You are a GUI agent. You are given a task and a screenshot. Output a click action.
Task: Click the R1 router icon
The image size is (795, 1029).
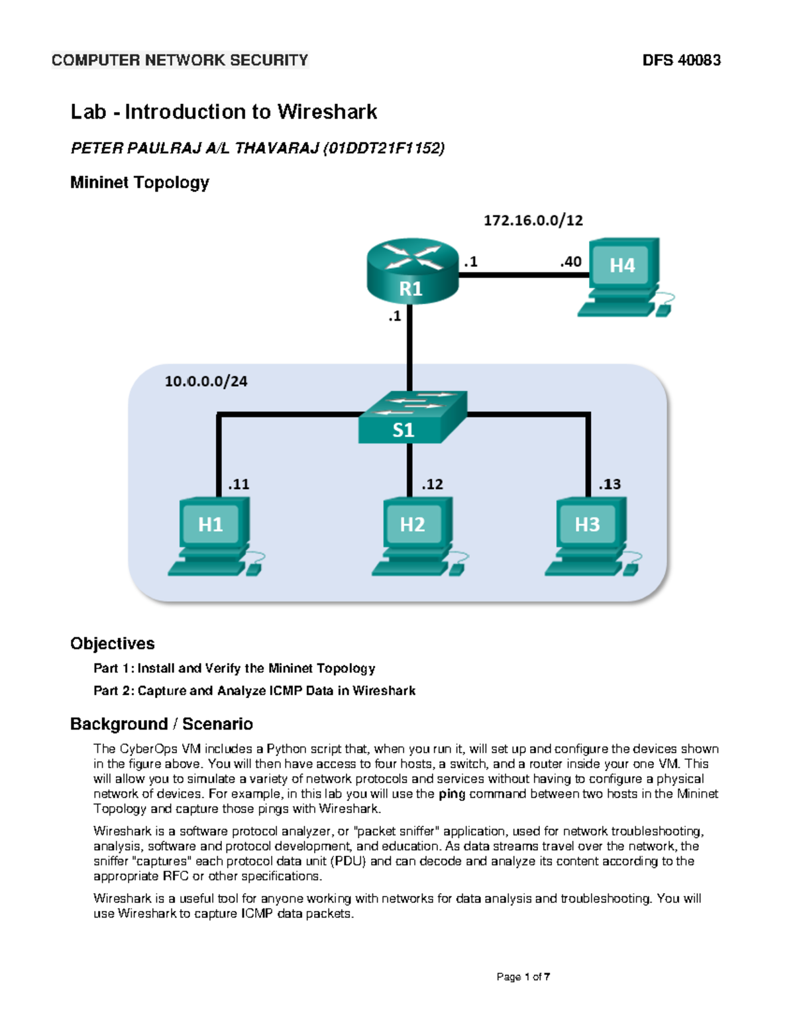point(412,272)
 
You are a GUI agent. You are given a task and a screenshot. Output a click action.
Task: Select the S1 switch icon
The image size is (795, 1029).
point(411,417)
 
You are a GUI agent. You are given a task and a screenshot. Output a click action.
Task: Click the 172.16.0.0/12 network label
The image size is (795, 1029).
point(533,221)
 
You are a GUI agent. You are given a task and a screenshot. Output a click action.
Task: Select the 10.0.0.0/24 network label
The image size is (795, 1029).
point(206,382)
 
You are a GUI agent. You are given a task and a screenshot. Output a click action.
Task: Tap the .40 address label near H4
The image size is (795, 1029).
point(570,262)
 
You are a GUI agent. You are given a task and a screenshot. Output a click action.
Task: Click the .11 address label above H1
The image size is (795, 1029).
point(238,484)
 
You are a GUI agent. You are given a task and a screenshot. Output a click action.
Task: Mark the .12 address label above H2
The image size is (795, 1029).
point(432,484)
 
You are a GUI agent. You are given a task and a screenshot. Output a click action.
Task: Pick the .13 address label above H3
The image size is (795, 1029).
point(609,484)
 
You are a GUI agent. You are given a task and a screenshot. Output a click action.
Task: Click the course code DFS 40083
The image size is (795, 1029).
point(681,60)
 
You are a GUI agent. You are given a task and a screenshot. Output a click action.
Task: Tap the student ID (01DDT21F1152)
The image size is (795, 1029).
point(384,148)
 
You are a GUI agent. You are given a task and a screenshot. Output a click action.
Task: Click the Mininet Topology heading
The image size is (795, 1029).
point(140,182)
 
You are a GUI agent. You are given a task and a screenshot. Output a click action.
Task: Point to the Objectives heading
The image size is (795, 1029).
point(113,643)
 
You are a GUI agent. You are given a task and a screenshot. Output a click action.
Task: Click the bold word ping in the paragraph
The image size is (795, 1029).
point(452,794)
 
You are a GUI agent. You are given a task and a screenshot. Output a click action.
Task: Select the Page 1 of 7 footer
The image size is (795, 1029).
point(523,977)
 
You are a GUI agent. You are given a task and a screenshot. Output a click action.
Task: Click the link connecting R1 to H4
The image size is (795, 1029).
point(523,274)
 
